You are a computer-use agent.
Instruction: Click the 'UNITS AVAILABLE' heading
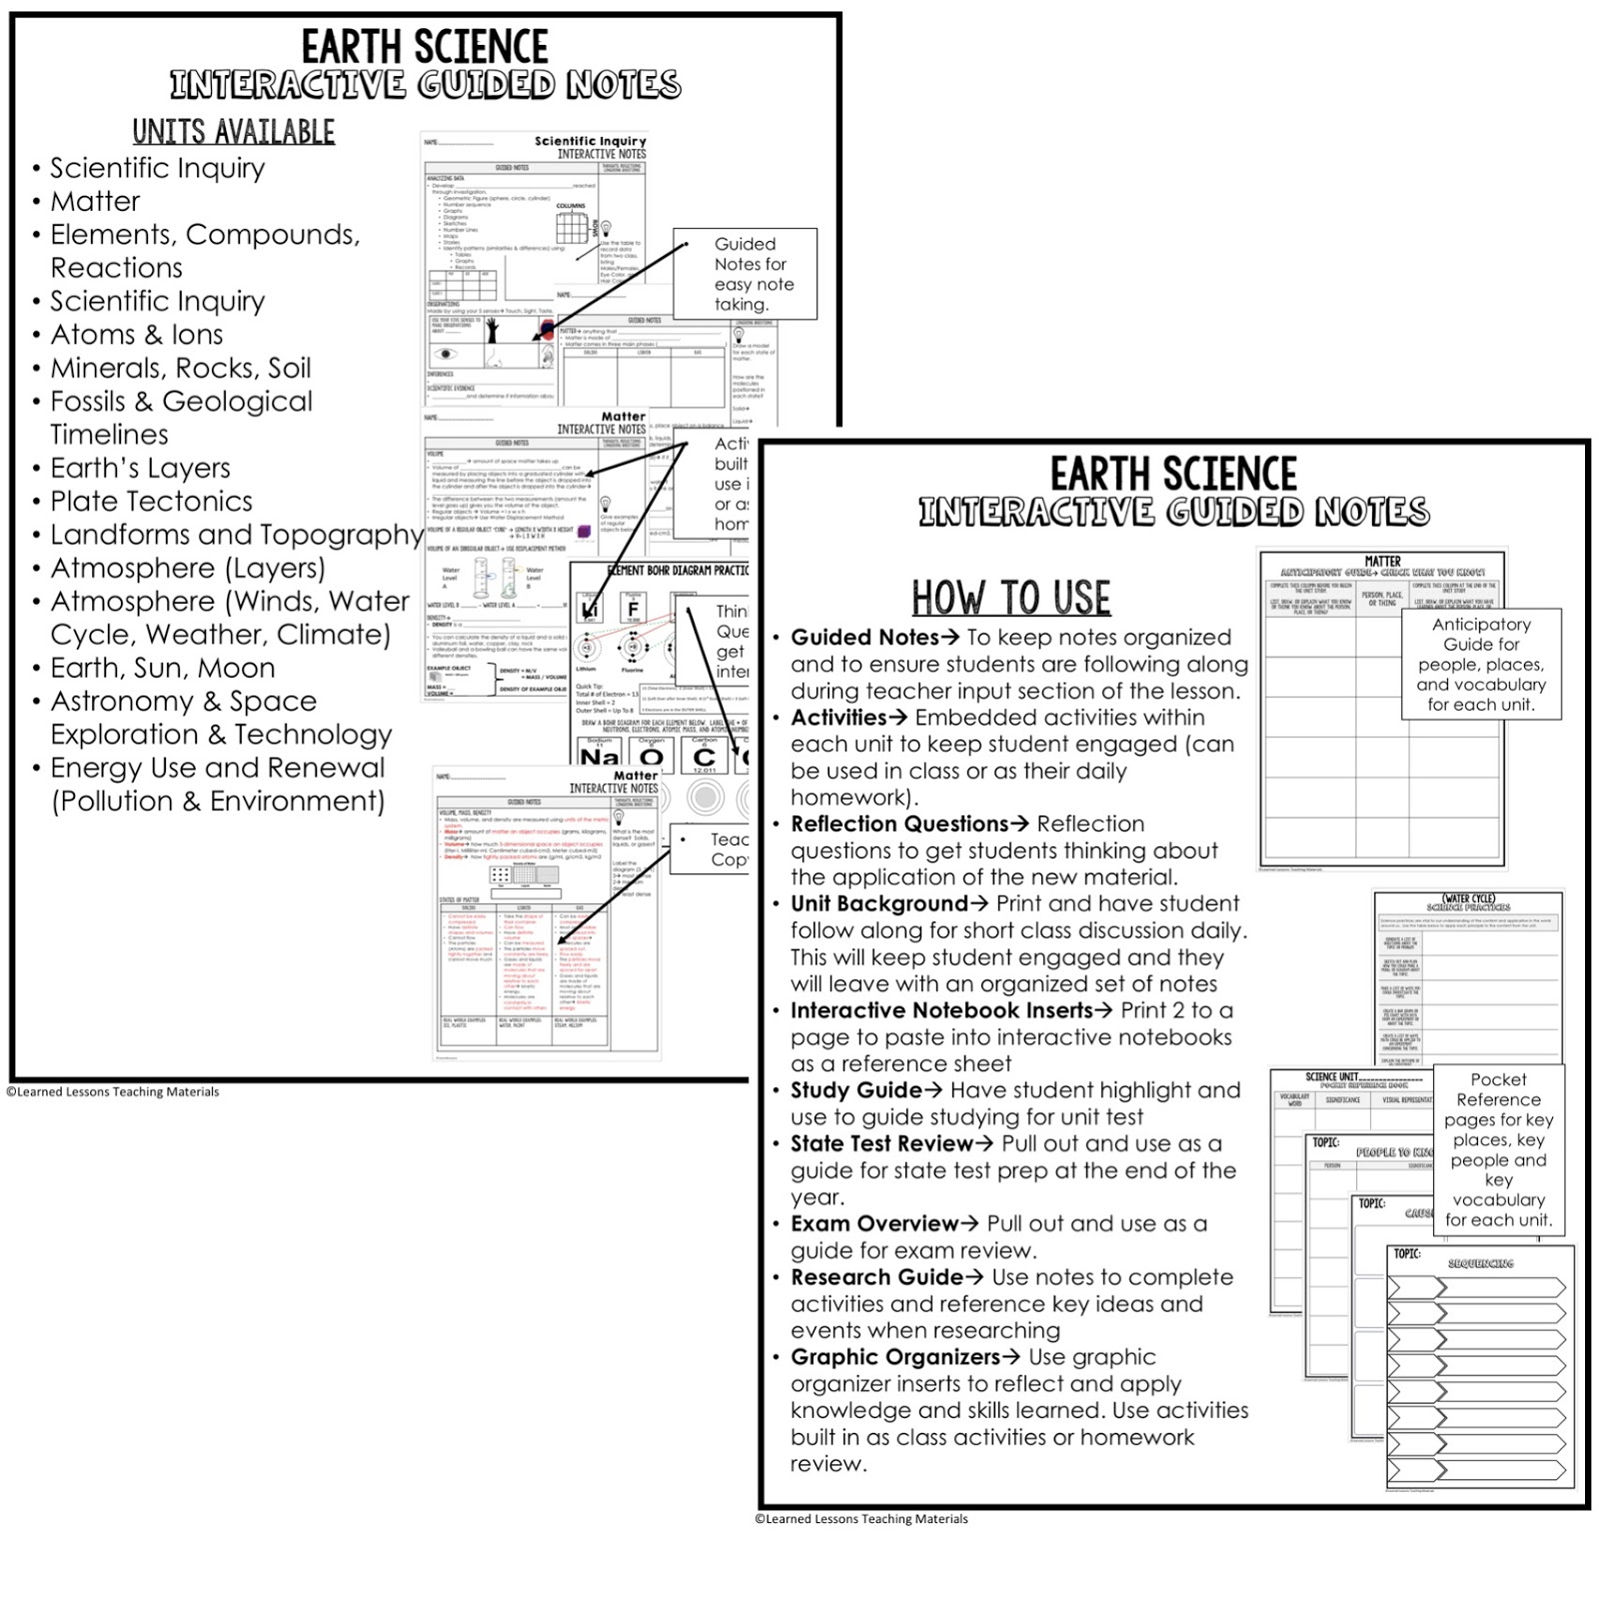[x=234, y=132]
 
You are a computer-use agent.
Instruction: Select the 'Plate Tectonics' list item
[x=151, y=502]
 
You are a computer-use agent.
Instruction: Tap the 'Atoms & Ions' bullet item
[x=137, y=335]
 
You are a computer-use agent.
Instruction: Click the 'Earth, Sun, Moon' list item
[x=162, y=668]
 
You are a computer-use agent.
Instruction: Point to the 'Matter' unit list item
[x=95, y=202]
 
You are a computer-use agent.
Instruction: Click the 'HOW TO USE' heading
[x=1010, y=598]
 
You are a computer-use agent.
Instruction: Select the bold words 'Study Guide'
[x=855, y=1090]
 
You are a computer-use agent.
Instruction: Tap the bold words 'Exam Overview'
[x=873, y=1224]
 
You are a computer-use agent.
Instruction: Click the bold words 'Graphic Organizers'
[x=894, y=1357]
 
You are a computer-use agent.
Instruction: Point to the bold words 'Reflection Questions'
[x=898, y=824]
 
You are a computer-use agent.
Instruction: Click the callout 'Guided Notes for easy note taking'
[x=754, y=274]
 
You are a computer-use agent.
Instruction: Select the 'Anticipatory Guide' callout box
[x=1481, y=664]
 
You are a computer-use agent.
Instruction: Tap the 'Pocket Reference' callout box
[x=1497, y=1149]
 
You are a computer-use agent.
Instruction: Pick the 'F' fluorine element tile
[x=633, y=608]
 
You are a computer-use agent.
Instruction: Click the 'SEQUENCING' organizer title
[x=1480, y=1264]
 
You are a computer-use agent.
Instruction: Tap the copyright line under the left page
[x=113, y=1092]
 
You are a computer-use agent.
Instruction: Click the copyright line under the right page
[x=861, y=1519]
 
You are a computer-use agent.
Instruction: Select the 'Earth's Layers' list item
[x=140, y=469]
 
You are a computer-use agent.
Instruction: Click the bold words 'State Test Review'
[x=881, y=1144]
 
